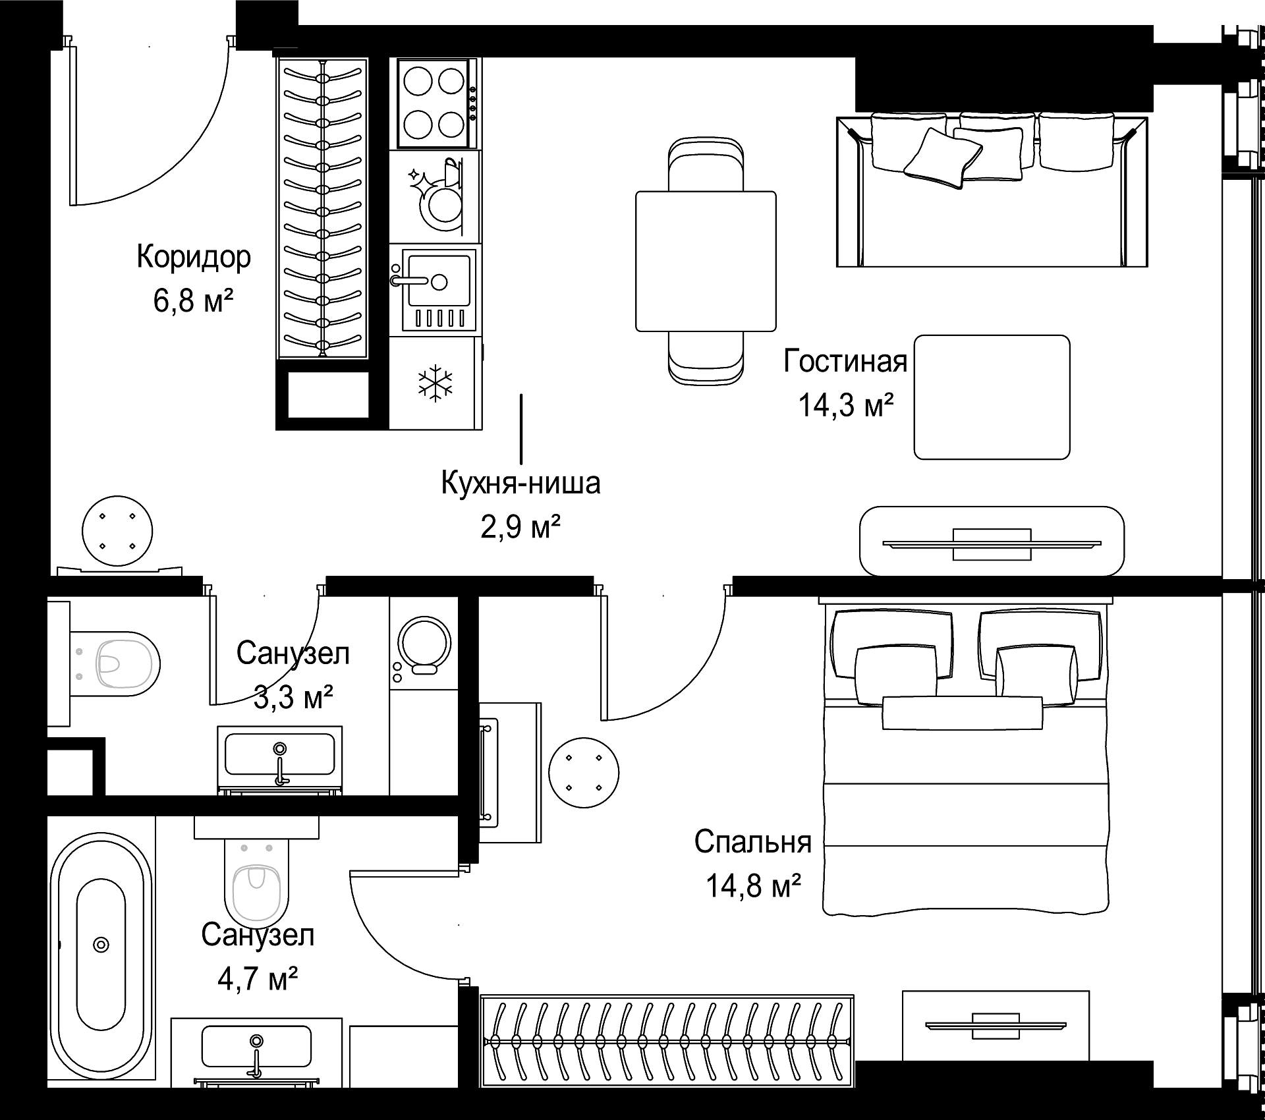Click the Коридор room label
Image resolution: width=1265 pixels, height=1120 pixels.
[194, 257]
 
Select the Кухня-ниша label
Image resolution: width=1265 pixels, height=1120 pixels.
[520, 483]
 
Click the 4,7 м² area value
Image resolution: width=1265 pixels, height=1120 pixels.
[258, 978]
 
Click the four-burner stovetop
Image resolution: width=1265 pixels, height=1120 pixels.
[436, 103]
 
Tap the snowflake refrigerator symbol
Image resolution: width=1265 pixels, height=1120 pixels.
[436, 383]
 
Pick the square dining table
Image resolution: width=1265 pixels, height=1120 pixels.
[706, 261]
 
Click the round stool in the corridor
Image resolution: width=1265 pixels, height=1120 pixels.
[117, 531]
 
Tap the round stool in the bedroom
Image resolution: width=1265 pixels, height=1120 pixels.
[584, 772]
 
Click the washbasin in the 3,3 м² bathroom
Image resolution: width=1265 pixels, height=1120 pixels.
[280, 760]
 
